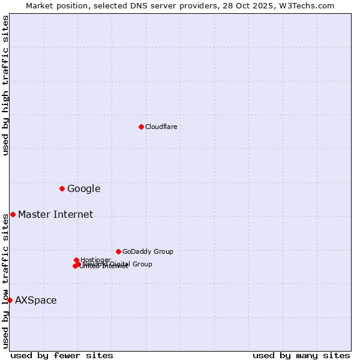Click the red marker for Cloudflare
[x=141, y=127]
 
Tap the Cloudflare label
[x=161, y=127]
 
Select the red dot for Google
[x=62, y=188]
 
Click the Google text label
[x=83, y=189]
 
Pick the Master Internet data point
[x=13, y=214]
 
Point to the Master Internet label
[x=55, y=215]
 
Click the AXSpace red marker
[x=10, y=300]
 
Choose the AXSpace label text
[x=36, y=301]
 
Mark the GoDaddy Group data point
[x=118, y=251]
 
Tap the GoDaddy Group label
[x=148, y=252]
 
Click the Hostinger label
[x=95, y=260]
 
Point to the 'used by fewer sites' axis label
[x=62, y=355]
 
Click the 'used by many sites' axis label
[x=301, y=355]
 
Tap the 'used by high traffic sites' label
[x=5, y=85]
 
